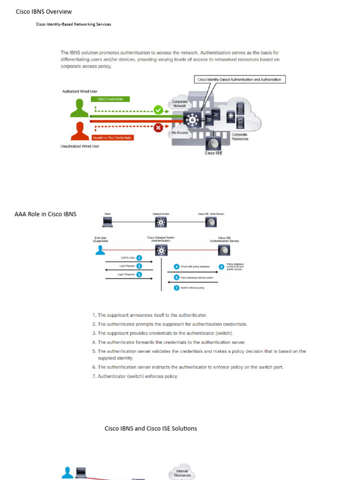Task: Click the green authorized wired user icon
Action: point(79,107)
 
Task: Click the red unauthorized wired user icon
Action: point(79,131)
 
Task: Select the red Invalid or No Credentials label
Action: point(112,137)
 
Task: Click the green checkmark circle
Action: point(158,110)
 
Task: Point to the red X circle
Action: point(158,127)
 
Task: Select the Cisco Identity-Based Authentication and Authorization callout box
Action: point(239,80)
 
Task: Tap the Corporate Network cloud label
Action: point(180,104)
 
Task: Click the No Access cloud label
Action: point(180,133)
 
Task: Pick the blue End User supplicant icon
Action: point(100,250)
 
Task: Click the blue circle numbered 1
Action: point(139,257)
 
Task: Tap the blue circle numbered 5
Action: point(221,267)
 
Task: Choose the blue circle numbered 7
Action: point(177,288)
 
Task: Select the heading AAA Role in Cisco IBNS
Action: point(45,214)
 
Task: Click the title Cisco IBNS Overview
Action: point(44,12)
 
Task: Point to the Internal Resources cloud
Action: point(182,471)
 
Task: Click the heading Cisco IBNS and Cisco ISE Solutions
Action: point(150,428)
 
